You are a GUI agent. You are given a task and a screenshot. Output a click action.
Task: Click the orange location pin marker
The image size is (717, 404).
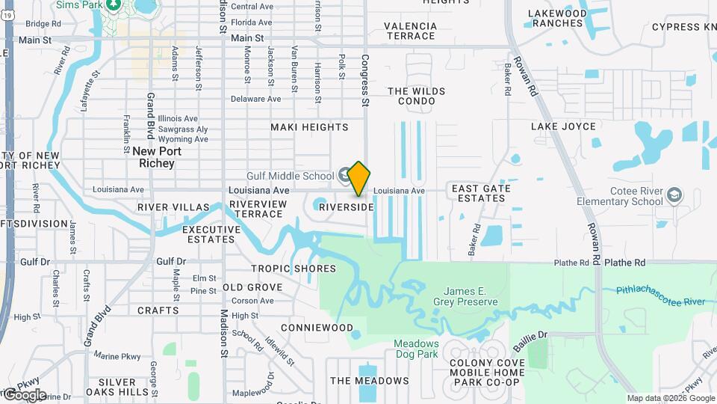358,178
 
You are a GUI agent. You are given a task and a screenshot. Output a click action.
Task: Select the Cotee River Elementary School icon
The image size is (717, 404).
675,195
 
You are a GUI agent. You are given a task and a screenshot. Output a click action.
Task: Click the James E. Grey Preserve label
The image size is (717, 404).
471,296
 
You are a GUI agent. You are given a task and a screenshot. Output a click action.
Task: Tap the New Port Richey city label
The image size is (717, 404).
153,157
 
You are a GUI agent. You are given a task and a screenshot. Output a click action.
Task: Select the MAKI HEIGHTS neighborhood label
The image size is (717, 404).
309,127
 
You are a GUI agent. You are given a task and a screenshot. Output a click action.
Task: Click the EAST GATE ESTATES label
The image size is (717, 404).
481,193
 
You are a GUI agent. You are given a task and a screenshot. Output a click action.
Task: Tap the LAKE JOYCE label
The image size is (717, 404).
563,126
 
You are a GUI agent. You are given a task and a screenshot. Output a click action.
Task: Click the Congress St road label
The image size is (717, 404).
365,81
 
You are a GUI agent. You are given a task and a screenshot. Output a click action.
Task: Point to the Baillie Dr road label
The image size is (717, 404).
530,341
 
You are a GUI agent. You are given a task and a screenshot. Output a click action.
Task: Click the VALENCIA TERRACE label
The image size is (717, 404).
409,31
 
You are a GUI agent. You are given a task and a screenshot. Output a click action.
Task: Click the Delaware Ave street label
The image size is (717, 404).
255,99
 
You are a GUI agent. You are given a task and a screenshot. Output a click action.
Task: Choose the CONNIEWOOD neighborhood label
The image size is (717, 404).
317,328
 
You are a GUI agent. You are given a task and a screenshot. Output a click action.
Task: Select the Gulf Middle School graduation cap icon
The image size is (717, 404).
344,176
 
